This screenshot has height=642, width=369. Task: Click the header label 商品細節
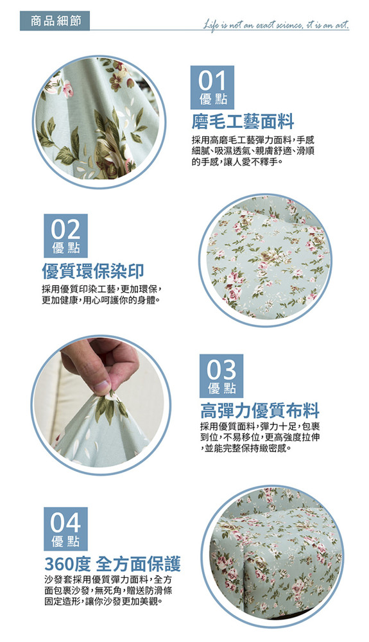coord(55,21)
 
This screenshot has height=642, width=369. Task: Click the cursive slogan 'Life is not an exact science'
coord(277,26)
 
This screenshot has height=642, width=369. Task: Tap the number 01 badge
coord(212,87)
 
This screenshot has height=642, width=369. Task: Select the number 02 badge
coord(65,236)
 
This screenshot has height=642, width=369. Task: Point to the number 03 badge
coord(221,376)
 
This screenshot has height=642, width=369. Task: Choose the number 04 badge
coord(65,529)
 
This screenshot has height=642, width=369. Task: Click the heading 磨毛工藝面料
coord(243,121)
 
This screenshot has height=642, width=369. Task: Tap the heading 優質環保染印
coord(93,271)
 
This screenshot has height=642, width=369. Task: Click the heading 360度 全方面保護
coord(112,564)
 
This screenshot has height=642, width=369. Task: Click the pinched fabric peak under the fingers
coord(108,395)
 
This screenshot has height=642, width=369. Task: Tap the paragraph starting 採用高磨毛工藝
coord(253,151)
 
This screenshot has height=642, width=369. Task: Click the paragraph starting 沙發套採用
coord(108,591)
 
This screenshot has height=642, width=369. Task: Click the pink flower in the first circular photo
coord(67,89)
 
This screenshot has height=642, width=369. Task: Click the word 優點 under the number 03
coord(221,388)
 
